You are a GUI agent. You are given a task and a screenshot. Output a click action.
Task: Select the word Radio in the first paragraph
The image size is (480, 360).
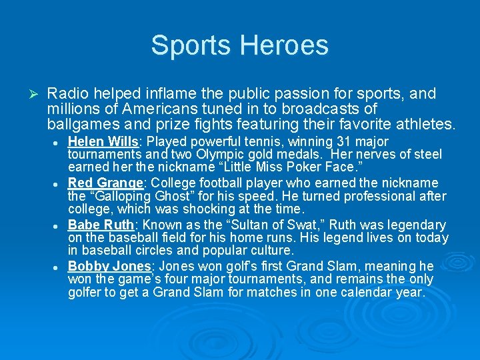(71, 94)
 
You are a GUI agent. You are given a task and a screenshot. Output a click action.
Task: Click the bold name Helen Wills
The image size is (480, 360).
(104, 141)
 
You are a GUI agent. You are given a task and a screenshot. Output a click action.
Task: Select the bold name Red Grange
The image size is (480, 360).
(105, 183)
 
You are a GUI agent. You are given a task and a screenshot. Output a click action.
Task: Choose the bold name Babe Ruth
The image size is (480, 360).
(101, 225)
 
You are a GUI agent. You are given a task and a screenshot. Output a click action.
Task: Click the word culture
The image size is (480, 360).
(271, 251)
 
